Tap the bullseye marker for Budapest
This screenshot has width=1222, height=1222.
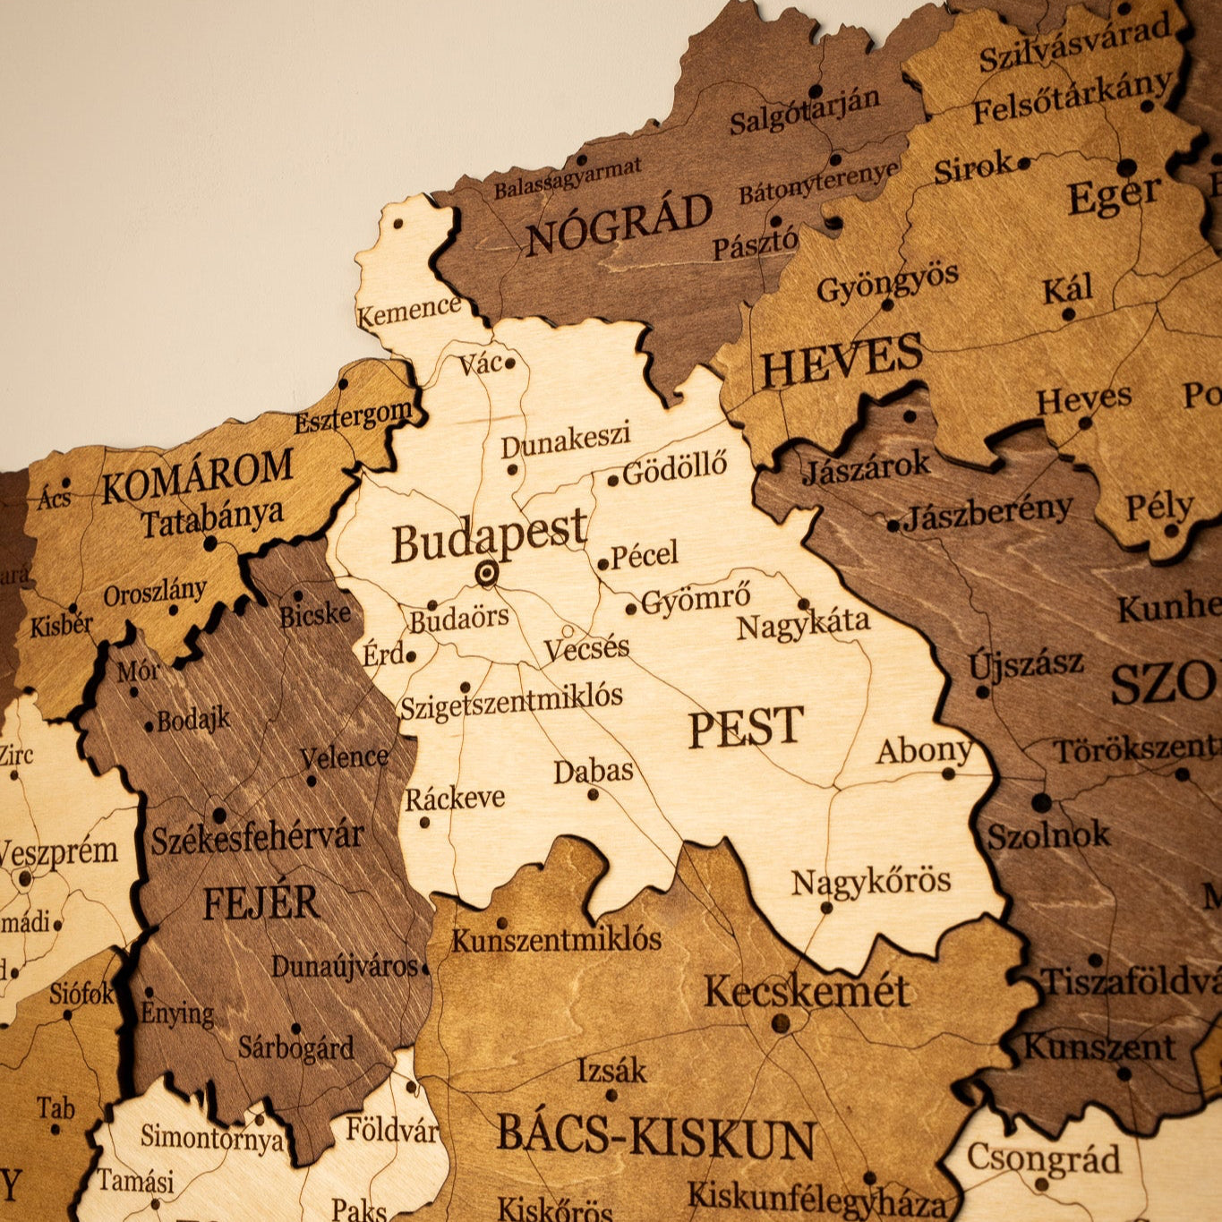pos(486,573)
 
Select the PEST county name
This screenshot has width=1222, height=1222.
pos(746,727)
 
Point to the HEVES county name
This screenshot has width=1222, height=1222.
pos(841,360)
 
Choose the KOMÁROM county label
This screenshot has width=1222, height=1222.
pos(197,476)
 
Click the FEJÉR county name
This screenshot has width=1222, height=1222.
pos(261,902)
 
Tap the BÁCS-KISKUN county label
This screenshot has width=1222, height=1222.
pos(656,1136)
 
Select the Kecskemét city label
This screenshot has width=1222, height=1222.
pos(807,992)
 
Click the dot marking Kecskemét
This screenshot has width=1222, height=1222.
pos(781,1022)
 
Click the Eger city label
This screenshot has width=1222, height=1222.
pos(1114,196)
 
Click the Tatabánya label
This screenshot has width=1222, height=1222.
pos(211,518)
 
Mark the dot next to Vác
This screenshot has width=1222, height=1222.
pos(509,363)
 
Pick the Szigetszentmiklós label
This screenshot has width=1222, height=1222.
pos(510,701)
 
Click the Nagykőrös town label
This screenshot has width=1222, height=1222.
pos(871,882)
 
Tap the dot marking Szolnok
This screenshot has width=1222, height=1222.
pos(1041,802)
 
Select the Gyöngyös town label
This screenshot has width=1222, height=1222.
pos(887,284)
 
